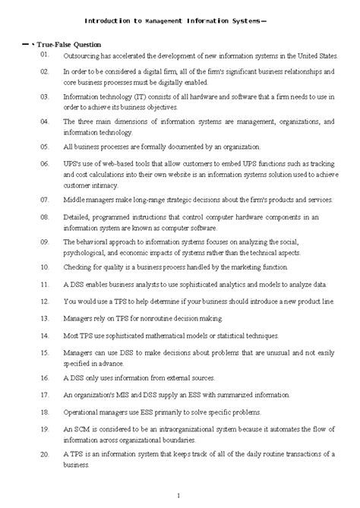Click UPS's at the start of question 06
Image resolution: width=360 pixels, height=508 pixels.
click(x=74, y=164)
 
